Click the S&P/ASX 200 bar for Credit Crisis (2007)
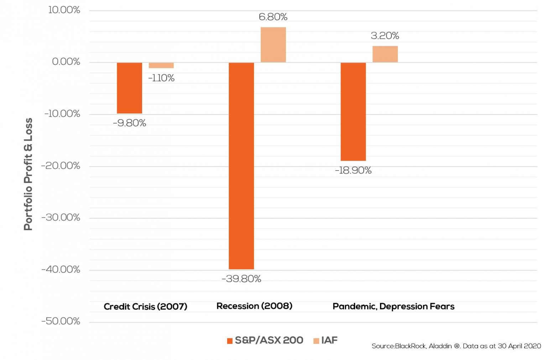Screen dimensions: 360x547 (x=129, y=88)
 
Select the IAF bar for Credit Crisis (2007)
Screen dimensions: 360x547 (x=161, y=65)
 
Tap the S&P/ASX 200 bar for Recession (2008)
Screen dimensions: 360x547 (x=241, y=166)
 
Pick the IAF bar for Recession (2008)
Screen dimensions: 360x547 (x=273, y=45)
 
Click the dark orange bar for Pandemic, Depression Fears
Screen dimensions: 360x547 (x=353, y=111)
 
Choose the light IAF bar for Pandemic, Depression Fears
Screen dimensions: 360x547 (x=385, y=54)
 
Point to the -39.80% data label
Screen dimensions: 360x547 (x=241, y=279)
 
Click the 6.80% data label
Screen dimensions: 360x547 (x=273, y=17)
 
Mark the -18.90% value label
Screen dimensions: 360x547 (x=353, y=171)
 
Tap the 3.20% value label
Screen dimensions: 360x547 (x=385, y=36)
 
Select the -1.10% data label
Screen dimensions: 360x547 (x=161, y=78)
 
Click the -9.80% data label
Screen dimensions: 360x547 (x=129, y=123)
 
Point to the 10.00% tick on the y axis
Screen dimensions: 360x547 (x=64, y=10)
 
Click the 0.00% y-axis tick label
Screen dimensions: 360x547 (x=66, y=62)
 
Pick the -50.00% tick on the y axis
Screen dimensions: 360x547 (x=61, y=321)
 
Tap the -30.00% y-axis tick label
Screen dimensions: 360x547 (x=61, y=217)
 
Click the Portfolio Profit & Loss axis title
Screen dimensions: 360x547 (x=28, y=174)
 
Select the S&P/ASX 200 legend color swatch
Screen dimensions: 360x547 (x=230, y=341)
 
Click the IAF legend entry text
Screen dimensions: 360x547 (x=329, y=340)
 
